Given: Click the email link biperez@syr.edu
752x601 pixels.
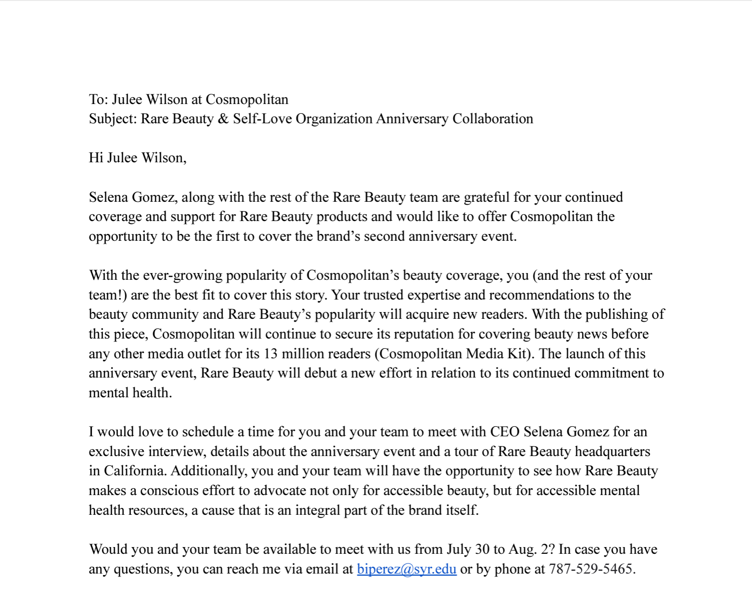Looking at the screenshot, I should point(406,569).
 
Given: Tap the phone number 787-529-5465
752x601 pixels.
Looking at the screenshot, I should point(591,569).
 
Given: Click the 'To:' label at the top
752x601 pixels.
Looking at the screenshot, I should point(98,99).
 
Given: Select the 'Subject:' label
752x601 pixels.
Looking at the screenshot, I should point(113,119).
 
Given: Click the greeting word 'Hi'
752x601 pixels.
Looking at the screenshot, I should point(96,158).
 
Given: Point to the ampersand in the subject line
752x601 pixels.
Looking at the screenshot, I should point(223,119).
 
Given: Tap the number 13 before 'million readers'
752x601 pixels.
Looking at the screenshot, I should point(271,353).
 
